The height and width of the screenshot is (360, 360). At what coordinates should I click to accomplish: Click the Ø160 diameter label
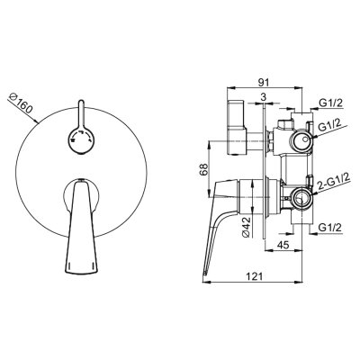tap(20, 103)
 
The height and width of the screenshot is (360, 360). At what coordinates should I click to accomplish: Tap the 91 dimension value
tap(264, 82)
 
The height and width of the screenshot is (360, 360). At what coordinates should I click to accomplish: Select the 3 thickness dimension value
tap(264, 97)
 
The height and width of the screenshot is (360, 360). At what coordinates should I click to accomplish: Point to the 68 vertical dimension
tap(203, 169)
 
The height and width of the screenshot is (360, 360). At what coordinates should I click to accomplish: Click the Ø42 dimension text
tap(246, 227)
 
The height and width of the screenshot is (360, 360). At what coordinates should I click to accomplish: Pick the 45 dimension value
tap(283, 245)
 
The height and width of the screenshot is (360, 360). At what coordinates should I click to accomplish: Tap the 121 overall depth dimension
tap(255, 276)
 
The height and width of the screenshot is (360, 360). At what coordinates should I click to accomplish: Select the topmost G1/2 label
tap(330, 103)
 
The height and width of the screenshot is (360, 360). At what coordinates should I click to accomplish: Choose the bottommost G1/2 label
tap(330, 227)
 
